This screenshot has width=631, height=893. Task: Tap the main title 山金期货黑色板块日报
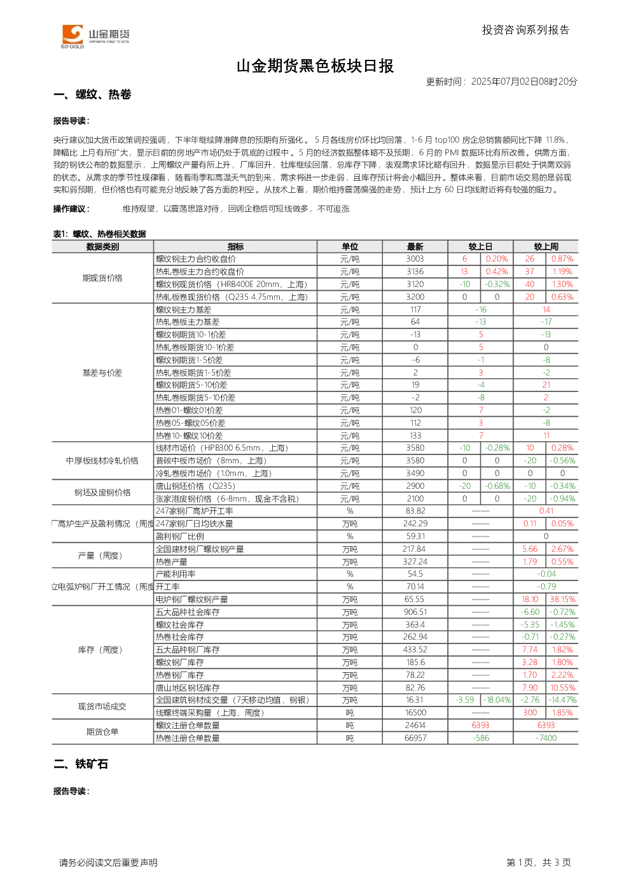pos(315,66)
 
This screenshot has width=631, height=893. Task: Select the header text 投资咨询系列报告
pos(526,30)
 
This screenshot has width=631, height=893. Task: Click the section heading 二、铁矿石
pos(81,764)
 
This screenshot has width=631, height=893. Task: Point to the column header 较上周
pos(546,246)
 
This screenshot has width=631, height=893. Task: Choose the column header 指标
pos(235,246)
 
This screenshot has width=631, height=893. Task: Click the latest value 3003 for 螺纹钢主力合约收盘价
pos(415,258)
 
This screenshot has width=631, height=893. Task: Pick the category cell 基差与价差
pos(102,373)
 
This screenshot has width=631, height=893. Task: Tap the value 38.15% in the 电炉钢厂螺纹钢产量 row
pos(562,599)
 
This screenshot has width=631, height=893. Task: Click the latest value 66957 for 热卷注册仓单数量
pos(415,738)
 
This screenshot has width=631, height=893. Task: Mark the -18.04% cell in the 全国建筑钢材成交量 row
pos(497,700)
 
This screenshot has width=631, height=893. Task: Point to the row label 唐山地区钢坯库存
pos(188,687)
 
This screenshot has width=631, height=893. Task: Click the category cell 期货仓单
pos(102,731)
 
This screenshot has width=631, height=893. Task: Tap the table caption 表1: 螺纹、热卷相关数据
pos(100,234)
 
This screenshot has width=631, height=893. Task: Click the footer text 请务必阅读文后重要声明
pos(108,862)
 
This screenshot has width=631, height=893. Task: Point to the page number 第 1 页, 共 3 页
pos(539,862)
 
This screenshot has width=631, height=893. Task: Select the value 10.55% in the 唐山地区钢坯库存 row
pos(562,687)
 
